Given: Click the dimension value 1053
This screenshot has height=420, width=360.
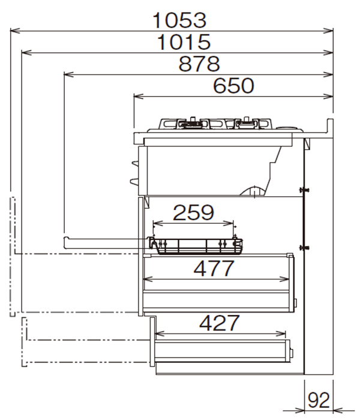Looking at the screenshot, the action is (179, 20).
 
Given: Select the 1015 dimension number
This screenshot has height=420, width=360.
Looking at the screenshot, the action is (184, 42).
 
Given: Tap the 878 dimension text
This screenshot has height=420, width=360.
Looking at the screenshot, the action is (199, 64).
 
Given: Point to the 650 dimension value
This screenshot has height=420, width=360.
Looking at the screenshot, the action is (233, 86).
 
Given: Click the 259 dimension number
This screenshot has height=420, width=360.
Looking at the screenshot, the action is (193, 212).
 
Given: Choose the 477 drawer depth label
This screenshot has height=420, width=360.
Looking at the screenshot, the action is (214, 269).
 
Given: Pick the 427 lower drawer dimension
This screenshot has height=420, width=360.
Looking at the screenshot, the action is (219, 323).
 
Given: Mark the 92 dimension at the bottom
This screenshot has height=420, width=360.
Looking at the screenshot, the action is (319, 400).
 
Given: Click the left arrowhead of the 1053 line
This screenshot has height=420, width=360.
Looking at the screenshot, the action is (15, 31).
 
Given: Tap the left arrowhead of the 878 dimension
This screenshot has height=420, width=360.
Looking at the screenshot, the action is (69, 74).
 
